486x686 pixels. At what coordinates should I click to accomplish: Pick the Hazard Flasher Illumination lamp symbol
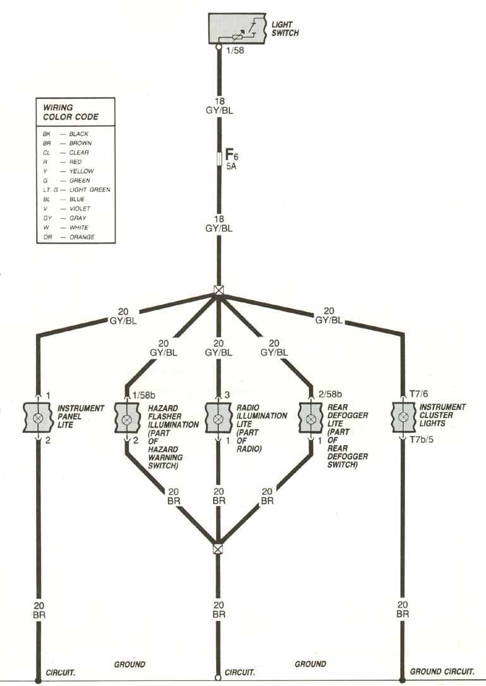[127, 419]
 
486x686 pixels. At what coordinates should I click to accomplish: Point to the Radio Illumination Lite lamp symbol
[218, 419]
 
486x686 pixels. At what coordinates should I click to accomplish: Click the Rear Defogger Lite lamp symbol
[310, 419]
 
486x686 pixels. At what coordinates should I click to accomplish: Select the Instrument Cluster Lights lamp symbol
[403, 418]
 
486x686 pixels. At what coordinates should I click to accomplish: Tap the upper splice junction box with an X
[219, 291]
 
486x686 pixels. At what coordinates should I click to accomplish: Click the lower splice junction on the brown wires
[218, 549]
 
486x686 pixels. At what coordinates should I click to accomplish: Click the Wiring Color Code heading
[66, 112]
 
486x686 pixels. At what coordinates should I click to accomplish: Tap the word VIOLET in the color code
[80, 208]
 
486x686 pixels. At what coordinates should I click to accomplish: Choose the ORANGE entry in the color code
[82, 237]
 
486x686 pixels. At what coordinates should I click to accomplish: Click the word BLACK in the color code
[79, 134]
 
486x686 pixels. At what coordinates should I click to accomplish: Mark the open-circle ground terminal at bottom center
[218, 678]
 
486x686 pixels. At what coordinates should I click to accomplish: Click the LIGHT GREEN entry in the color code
[90, 190]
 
